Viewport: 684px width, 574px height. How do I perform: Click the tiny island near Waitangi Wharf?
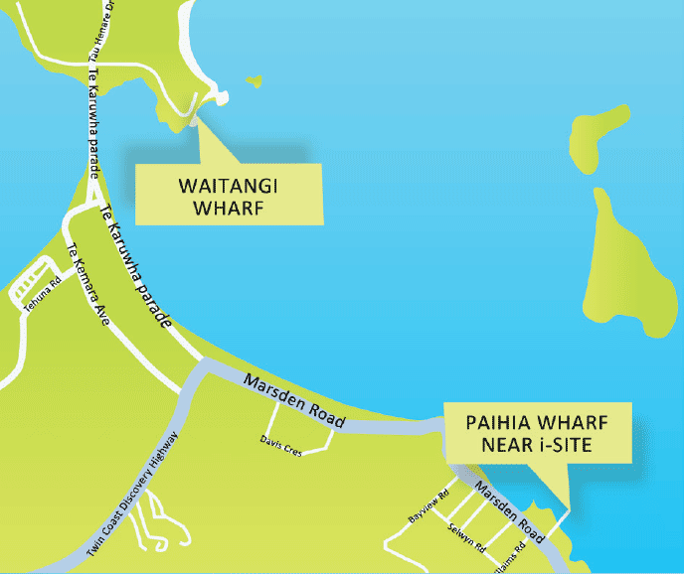pos(256,80)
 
